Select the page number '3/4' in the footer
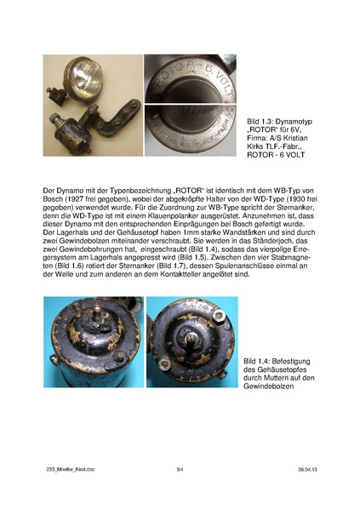[180, 469]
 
